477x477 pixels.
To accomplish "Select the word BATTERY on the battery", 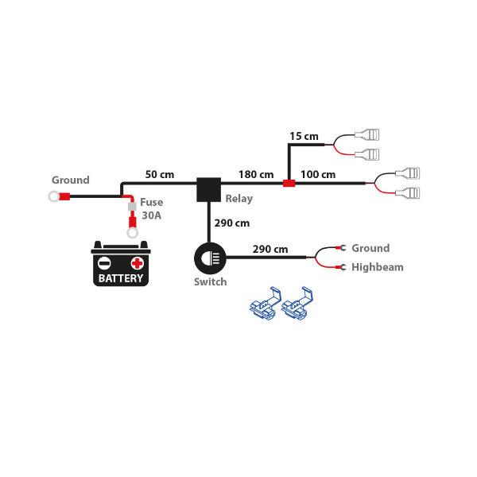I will [x=121, y=278].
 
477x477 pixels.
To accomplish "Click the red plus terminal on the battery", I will [x=138, y=262].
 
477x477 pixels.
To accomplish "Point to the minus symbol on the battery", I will [x=104, y=263].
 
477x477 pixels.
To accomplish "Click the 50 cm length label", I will [x=160, y=174].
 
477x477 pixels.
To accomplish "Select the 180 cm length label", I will [x=256, y=174].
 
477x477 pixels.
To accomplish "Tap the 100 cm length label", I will [x=318, y=174].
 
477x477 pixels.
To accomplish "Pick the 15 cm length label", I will [x=304, y=136].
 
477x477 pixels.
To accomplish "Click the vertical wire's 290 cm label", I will [x=232, y=223].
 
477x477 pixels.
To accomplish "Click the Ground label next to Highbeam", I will [x=370, y=248].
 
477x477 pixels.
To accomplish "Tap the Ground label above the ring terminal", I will [x=71, y=180].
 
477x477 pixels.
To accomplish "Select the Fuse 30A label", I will [x=151, y=208].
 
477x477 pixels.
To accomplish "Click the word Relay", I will [x=239, y=199].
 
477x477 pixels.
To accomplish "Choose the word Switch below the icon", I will [x=210, y=281].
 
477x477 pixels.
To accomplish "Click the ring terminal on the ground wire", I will [x=55, y=196].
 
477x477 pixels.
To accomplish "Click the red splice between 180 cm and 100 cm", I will [x=289, y=184].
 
